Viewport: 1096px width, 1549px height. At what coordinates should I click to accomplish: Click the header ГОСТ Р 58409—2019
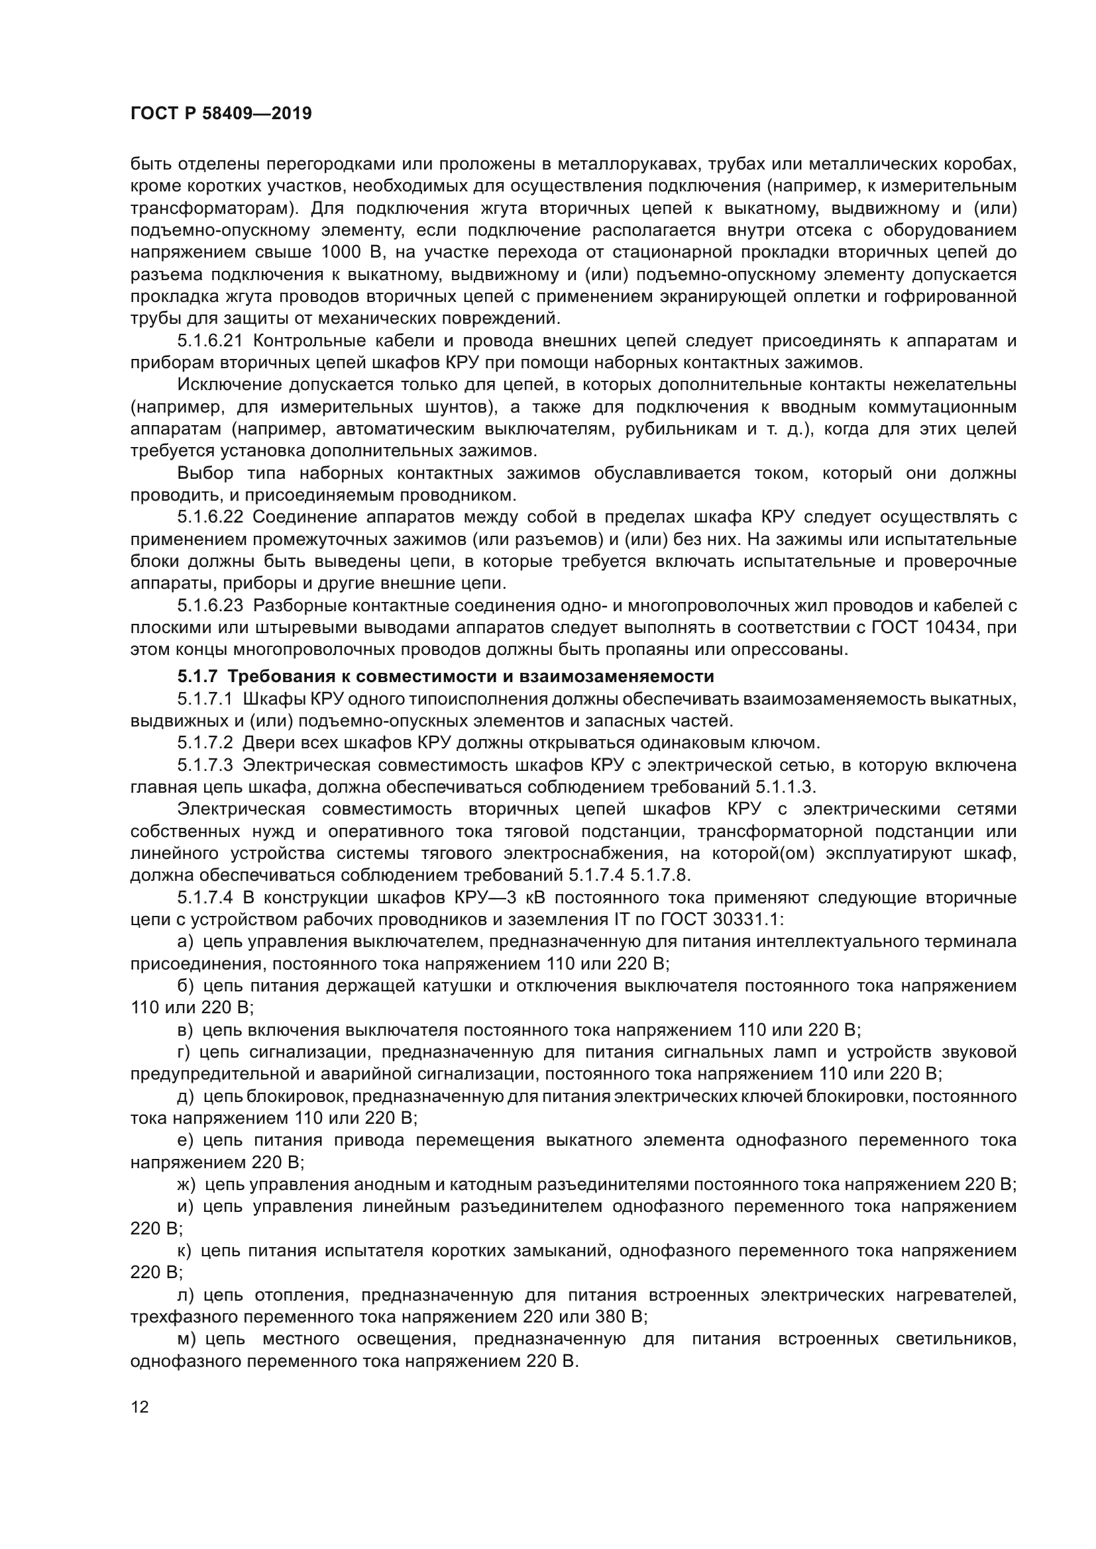pyautogui.click(x=221, y=114)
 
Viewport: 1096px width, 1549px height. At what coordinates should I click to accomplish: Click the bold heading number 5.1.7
pyautogui.click(x=197, y=677)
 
